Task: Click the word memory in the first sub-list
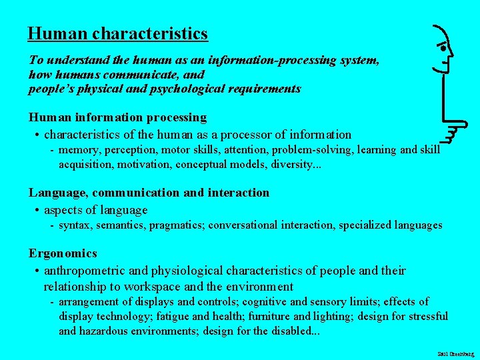click(x=79, y=150)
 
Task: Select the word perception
click(x=130, y=150)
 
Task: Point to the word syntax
click(x=75, y=225)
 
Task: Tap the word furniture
click(x=271, y=316)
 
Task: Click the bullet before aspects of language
click(x=37, y=211)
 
